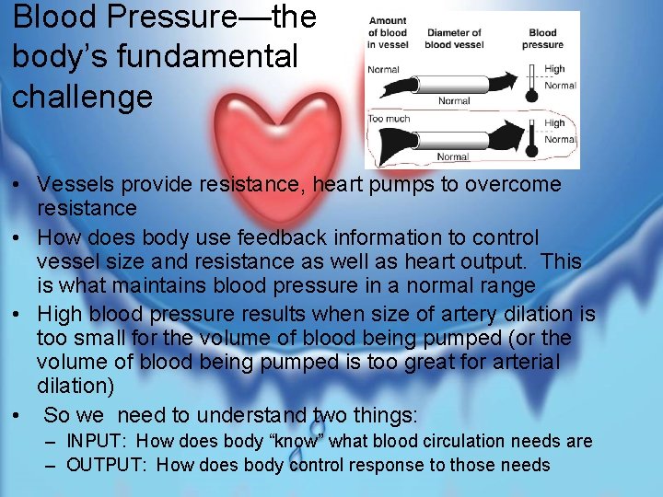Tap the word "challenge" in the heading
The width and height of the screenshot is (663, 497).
[x=82, y=96]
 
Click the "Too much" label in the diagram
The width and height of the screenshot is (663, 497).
[x=388, y=119]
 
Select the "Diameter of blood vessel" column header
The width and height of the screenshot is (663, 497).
[x=454, y=39]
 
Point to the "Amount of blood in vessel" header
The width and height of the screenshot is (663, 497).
[x=387, y=32]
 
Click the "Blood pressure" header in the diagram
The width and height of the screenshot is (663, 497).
[x=542, y=39]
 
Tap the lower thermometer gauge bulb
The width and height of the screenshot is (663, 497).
[x=532, y=151]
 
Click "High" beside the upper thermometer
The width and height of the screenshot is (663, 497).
[x=554, y=68]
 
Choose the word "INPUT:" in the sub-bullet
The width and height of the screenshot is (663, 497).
[x=98, y=442]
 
